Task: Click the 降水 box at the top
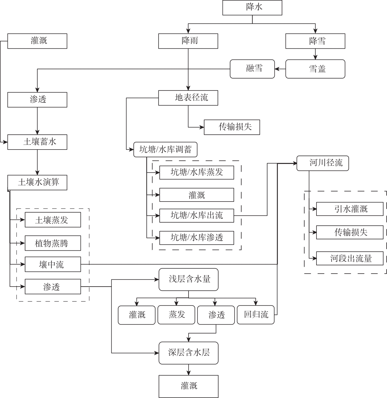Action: coord(252,8)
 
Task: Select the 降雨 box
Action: coord(188,41)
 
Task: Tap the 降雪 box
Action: coord(315,41)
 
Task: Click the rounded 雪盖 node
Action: coord(315,69)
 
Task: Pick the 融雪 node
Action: coord(252,69)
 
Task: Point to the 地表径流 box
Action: coord(188,98)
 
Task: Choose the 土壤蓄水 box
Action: coord(37,142)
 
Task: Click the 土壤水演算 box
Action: coord(37,182)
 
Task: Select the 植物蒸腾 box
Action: coord(53,243)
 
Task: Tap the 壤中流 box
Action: coord(53,264)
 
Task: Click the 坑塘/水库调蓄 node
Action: coord(165,150)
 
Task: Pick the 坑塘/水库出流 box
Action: coord(197,216)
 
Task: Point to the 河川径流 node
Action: coord(323,163)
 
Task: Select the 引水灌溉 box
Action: coord(350,209)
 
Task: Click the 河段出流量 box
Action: coord(350,258)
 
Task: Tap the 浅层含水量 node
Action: coord(189,279)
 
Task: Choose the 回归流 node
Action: coord(256,315)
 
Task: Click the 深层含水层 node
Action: coord(189,353)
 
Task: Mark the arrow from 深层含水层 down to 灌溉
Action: coord(189,369)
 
